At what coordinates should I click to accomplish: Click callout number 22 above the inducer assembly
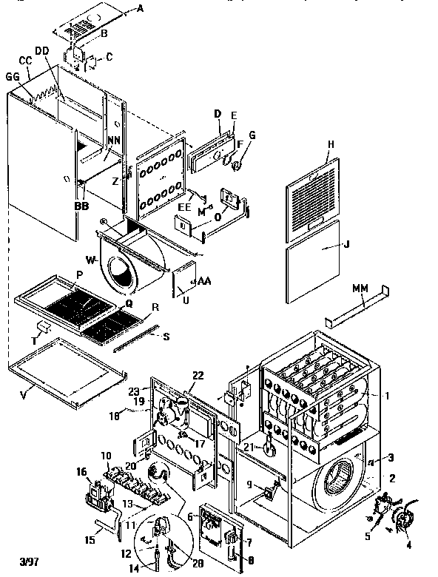[197, 375]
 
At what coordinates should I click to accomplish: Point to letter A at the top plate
[139, 9]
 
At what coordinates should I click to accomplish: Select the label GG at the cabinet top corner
[12, 76]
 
